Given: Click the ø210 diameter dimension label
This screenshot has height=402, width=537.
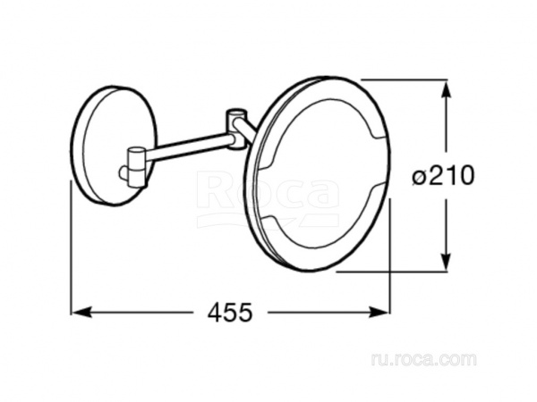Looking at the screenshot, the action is point(443,176).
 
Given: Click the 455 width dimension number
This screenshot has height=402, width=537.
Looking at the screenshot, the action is point(230,312).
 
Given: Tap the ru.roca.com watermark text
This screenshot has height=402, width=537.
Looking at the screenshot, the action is point(423,360).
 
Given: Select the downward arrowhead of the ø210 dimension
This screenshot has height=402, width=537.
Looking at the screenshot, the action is point(446,261).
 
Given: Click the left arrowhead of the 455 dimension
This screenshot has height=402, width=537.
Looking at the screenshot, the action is point(81,312).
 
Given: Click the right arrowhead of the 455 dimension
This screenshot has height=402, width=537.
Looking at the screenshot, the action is point(379,312).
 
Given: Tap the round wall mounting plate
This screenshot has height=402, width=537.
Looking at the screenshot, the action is point(113,147).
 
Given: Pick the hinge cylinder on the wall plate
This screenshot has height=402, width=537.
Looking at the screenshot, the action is point(136,167).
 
